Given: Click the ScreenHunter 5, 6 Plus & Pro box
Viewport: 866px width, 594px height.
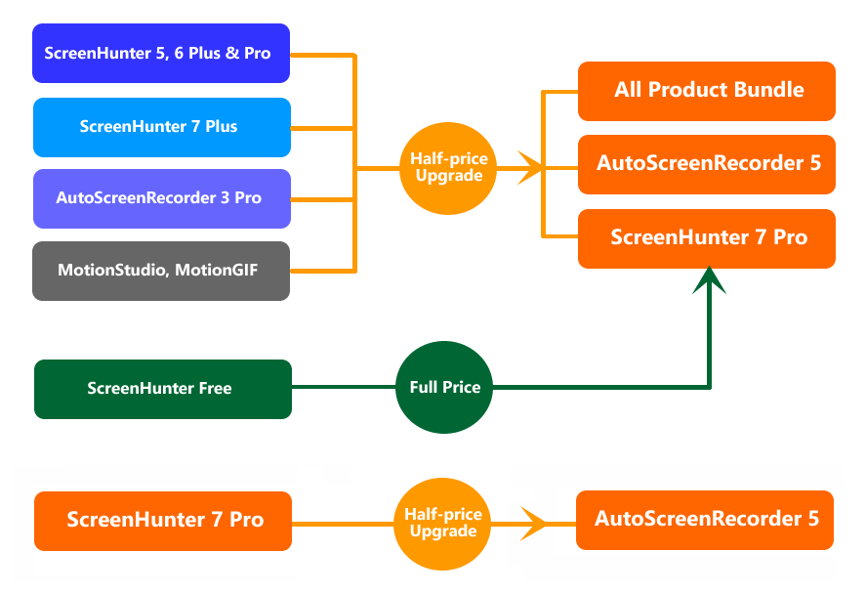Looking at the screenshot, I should click(161, 53).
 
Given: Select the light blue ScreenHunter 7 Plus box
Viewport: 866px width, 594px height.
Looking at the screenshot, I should click(161, 127).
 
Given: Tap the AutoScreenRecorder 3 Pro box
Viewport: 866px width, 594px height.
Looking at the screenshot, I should click(161, 198).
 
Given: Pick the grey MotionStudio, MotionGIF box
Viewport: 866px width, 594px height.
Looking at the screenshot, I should click(161, 271).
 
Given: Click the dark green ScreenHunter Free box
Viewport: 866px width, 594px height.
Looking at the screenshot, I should click(162, 389).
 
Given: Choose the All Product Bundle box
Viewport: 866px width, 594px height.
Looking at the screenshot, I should click(706, 91).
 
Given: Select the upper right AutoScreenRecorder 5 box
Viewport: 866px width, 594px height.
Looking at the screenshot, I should click(706, 163).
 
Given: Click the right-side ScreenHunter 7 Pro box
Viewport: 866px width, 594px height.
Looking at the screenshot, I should click(706, 237).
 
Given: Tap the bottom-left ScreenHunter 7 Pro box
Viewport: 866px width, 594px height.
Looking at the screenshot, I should click(162, 520).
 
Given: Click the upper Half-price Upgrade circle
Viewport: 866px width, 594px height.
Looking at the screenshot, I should click(447, 167).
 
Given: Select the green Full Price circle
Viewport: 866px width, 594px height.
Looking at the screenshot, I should click(444, 388).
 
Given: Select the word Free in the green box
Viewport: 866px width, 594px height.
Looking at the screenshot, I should click(214, 389).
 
